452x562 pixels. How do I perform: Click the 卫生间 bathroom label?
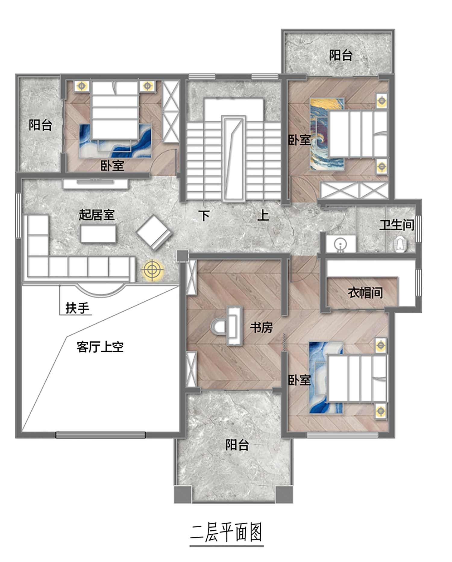pyautogui.click(x=397, y=225)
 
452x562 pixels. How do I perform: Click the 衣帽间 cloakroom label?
pyautogui.click(x=365, y=292)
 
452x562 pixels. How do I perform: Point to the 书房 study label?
pyautogui.click(x=261, y=327)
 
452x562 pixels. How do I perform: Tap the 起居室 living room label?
pyautogui.click(x=97, y=215)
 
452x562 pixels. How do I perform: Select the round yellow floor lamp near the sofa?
pyautogui.click(x=152, y=269)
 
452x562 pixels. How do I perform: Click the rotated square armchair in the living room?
pyautogui.click(x=154, y=232)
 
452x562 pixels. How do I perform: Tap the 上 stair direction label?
pyautogui.click(x=263, y=215)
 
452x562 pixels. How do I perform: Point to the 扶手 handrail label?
pyautogui.click(x=77, y=308)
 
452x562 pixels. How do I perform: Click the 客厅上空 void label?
pyautogui.click(x=100, y=347)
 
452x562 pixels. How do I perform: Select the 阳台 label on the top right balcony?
pyautogui.click(x=341, y=55)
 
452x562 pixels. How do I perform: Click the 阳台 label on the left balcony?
pyautogui.click(x=40, y=125)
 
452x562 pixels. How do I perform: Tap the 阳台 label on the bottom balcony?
pyautogui.click(x=237, y=445)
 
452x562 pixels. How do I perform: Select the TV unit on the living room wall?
pyautogui.click(x=95, y=184)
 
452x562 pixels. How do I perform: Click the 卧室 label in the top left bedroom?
pyautogui.click(x=112, y=166)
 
